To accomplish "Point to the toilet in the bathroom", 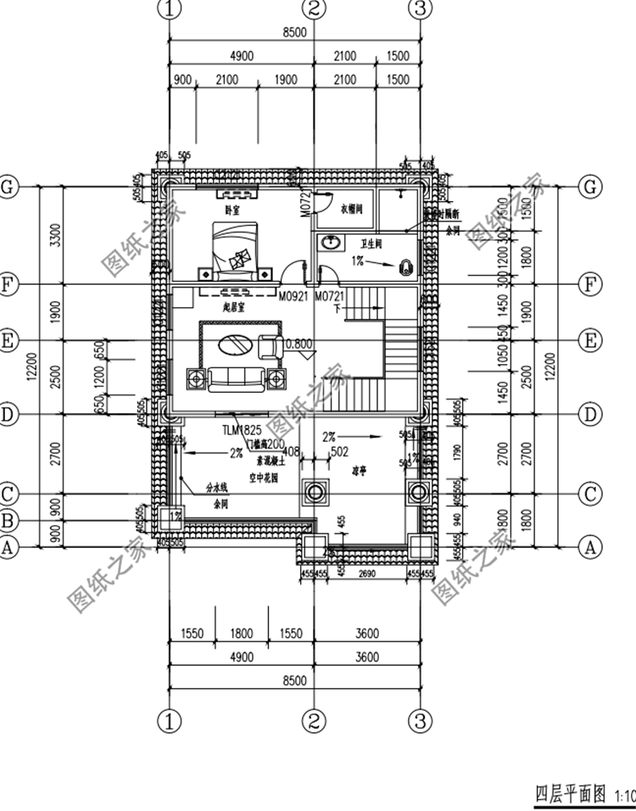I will click(x=405, y=266).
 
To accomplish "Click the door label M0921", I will click(x=293, y=297).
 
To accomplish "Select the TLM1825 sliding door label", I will click(x=242, y=430).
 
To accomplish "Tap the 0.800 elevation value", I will click(x=300, y=344).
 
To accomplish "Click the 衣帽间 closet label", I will click(x=351, y=208).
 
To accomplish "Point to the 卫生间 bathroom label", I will click(x=371, y=243).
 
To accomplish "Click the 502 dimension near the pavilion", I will click(x=340, y=452).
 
